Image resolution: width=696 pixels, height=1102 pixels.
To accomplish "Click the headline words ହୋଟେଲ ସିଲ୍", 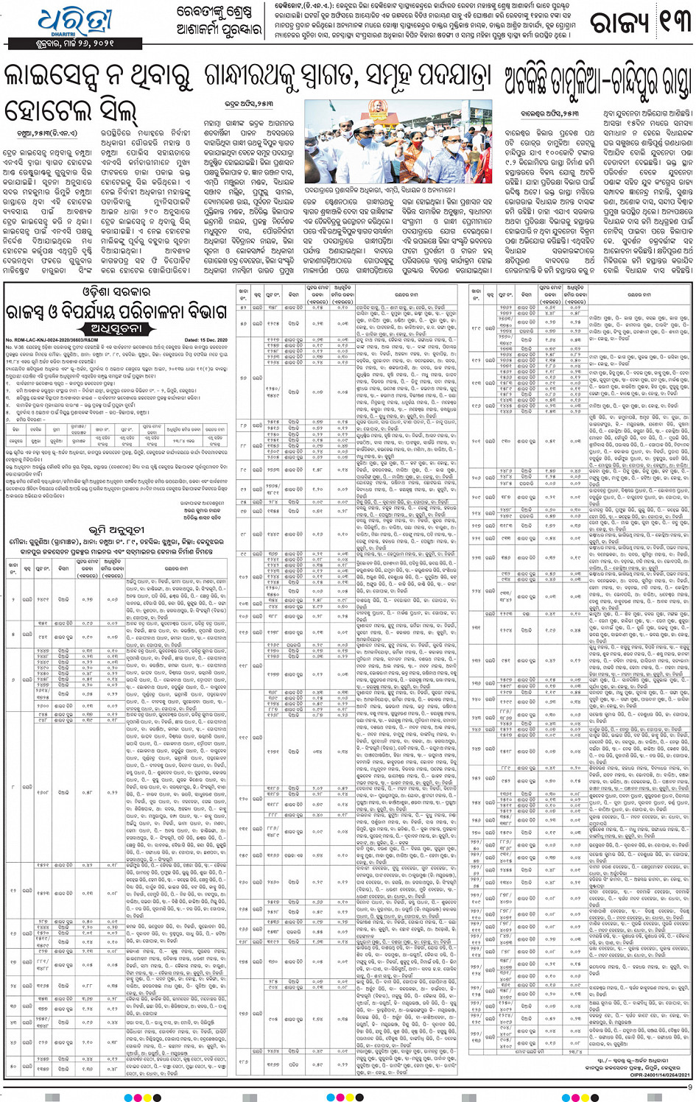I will (70, 111).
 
